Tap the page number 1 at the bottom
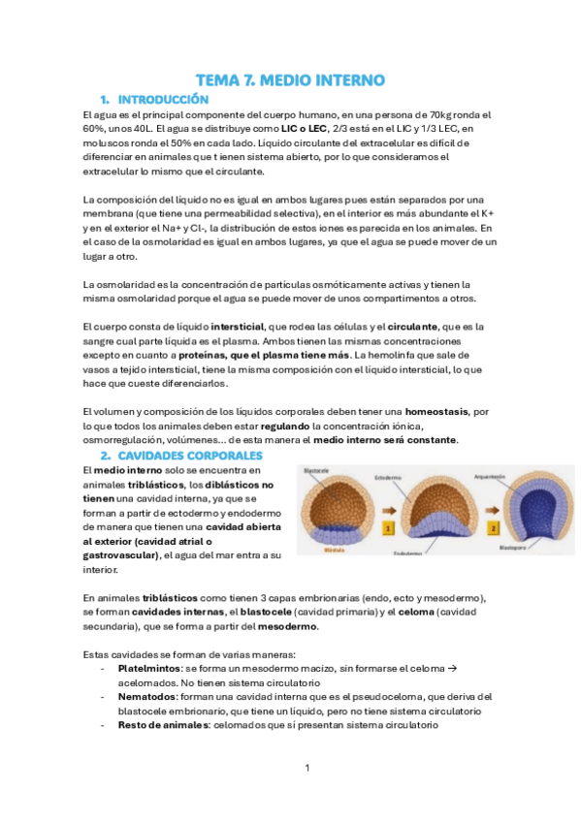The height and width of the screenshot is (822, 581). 307,769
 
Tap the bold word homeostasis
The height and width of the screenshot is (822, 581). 438,412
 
